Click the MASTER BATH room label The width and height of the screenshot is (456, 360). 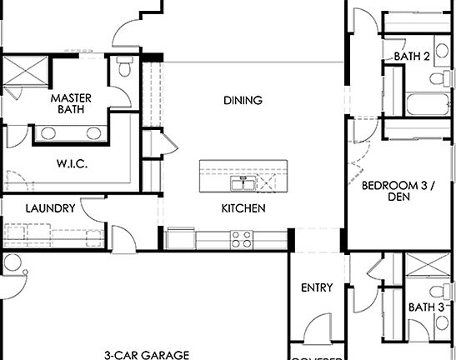[x=71, y=103]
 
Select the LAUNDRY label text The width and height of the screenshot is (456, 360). [x=51, y=208]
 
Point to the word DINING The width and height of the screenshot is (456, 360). [x=243, y=100]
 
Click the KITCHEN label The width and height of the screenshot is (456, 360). [x=243, y=208]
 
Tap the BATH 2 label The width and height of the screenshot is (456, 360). [x=412, y=57]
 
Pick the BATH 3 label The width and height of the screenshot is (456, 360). [x=426, y=307]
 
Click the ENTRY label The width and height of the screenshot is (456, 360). [x=317, y=288]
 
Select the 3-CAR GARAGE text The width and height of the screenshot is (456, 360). [x=147, y=355]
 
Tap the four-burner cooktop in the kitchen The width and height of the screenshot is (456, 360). [x=242, y=239]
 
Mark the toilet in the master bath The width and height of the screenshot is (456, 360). [x=124, y=67]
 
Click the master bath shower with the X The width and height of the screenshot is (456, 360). [x=25, y=72]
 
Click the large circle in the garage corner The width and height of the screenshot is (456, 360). [x=12, y=264]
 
